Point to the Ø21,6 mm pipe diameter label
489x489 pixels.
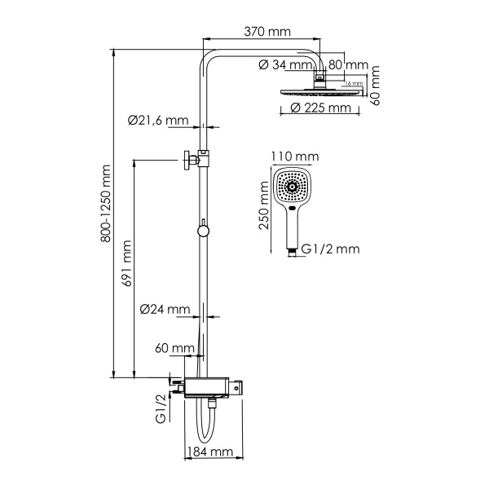pyautogui.click(x=158, y=120)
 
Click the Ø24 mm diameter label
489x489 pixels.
pyautogui.click(x=165, y=310)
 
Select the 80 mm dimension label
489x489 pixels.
pyautogui.click(x=349, y=65)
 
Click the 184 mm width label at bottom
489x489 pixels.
pyautogui.click(x=211, y=452)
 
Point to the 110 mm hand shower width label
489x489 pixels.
pyautogui.click(x=294, y=156)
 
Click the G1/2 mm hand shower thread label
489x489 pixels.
pyautogui.click(x=329, y=249)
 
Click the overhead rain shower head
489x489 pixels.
pyautogui.click(x=320, y=90)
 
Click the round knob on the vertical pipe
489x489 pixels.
pyautogui.click(x=203, y=231)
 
